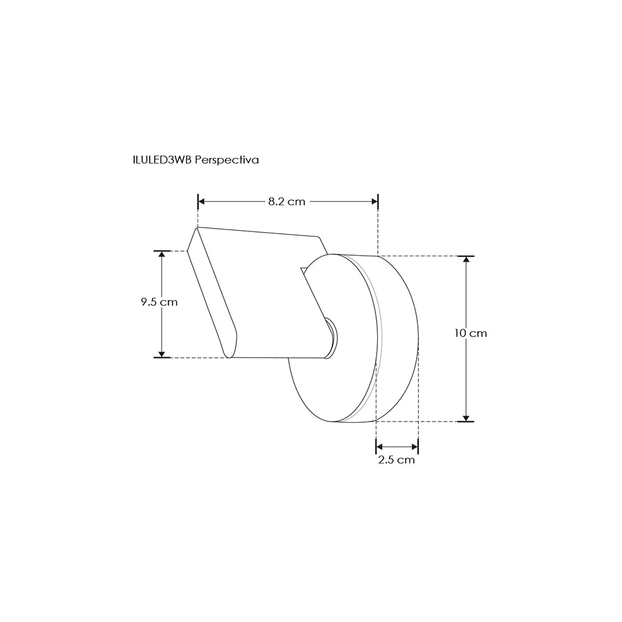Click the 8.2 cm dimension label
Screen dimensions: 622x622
[287, 202]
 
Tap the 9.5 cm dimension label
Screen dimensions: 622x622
[159, 302]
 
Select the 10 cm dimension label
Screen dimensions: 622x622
[471, 333]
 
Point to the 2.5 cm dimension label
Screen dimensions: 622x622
[396, 460]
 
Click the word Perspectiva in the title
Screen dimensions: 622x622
[227, 160]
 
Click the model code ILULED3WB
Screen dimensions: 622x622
[163, 160]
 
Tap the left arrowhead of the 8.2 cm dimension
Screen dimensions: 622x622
[201, 202]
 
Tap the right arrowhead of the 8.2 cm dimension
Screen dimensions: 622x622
[374, 202]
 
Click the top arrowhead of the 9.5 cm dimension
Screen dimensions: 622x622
[162, 255]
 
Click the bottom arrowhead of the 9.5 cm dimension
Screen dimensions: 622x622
[162, 354]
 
